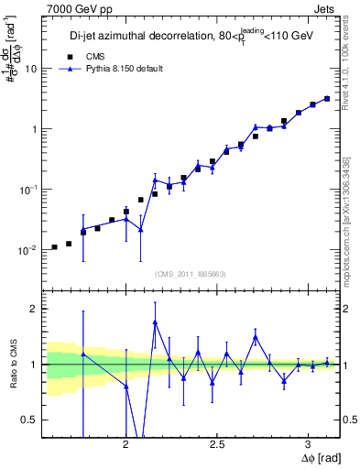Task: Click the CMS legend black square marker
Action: tap(65, 55)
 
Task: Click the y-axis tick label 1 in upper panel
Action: tap(33, 129)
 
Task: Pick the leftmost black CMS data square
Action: tap(54, 246)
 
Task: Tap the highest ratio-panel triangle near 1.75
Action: tap(155, 322)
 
